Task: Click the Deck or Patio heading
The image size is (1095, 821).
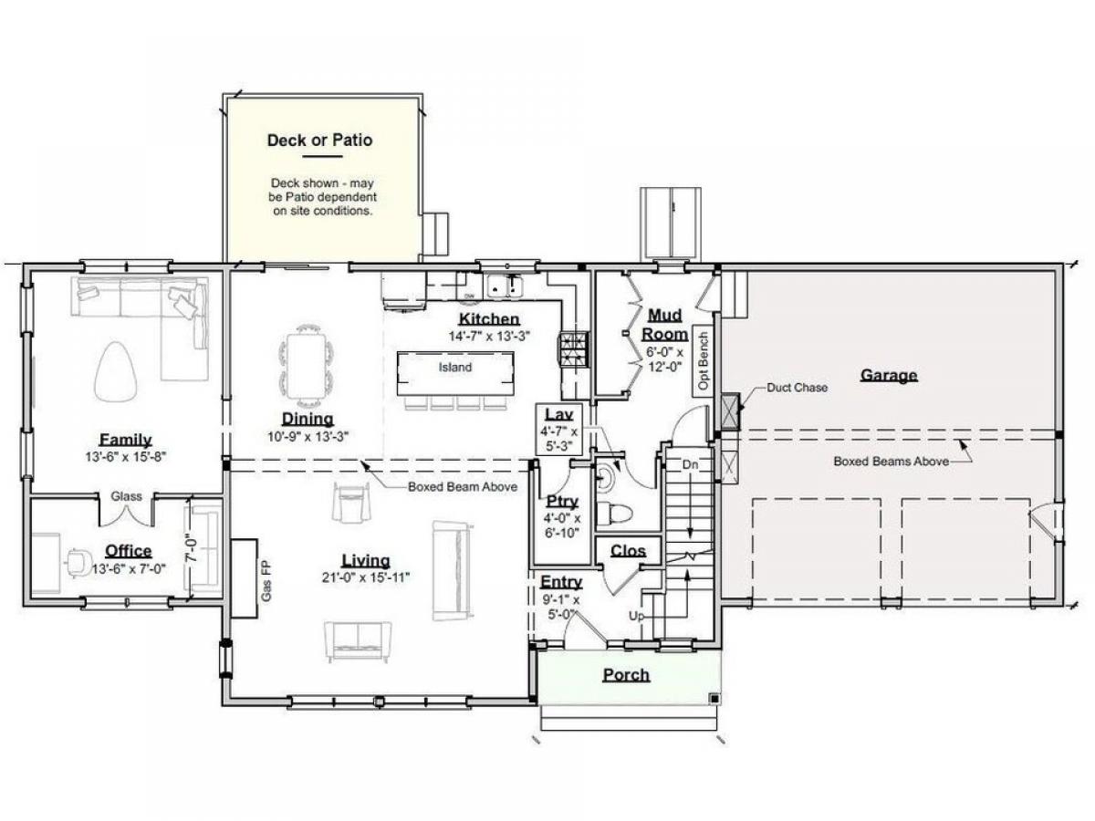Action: [319, 140]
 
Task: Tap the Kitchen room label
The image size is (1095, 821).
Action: [489, 319]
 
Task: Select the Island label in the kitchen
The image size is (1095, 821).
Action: [455, 368]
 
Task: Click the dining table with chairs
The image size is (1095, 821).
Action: [306, 366]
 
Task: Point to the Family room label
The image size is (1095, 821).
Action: [125, 440]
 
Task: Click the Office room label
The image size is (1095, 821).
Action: [129, 551]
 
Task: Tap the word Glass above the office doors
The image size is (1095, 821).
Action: [126, 496]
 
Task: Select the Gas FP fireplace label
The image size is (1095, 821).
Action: [266, 581]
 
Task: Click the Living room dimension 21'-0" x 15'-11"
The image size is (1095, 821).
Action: [366, 577]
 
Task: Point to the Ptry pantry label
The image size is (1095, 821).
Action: [562, 502]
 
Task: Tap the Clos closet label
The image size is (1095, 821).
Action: [628, 551]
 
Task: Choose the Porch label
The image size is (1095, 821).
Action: [626, 675]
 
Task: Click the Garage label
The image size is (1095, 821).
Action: [889, 375]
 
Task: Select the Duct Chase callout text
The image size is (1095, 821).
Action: [797, 388]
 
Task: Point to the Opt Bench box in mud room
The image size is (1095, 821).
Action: [703, 361]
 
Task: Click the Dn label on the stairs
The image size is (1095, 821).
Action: [690, 464]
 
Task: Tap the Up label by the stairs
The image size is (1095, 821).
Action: [636, 616]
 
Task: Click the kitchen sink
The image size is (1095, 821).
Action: [505, 286]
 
